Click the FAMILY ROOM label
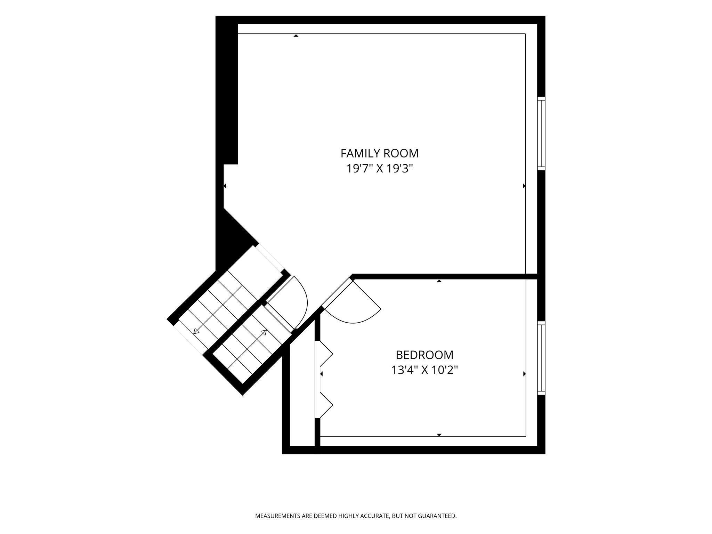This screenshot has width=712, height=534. tap(379, 153)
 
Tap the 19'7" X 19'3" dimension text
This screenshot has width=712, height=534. tap(379, 169)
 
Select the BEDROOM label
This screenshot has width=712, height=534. tap(424, 355)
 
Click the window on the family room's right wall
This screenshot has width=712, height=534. tap(541, 133)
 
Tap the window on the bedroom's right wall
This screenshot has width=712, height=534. tap(541, 358)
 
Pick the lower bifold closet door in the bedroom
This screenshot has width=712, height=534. tap(326, 405)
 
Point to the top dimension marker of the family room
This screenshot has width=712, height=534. tap(296, 35)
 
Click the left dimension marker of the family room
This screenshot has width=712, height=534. tap(225, 186)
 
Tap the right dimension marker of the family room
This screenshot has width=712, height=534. tap(524, 186)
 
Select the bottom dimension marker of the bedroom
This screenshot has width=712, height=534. tap(439, 435)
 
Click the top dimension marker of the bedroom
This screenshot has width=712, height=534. tap(439, 281)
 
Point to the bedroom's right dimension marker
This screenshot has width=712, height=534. tap(524, 374)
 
